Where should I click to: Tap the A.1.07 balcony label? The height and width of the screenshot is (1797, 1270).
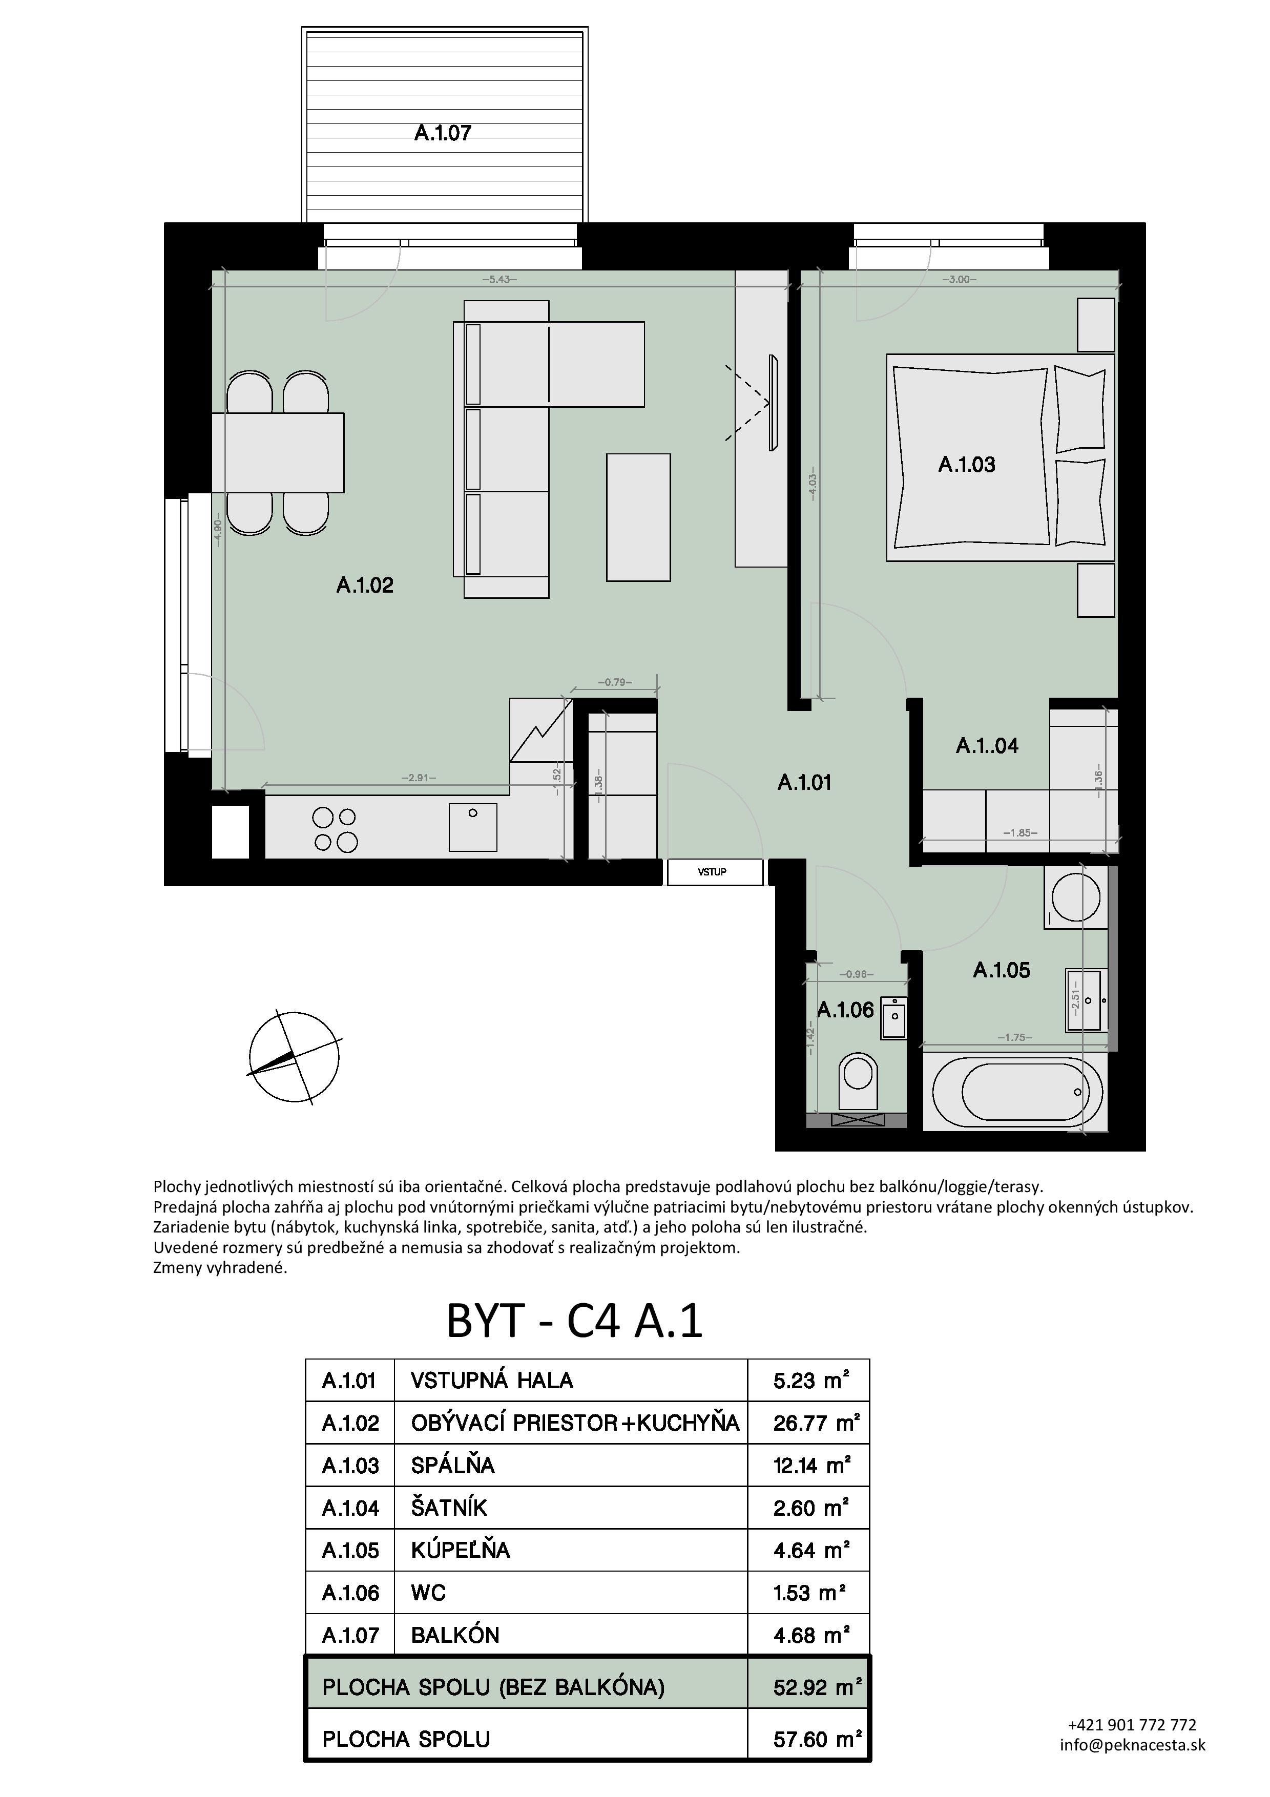point(443,133)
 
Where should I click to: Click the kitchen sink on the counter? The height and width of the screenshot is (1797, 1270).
point(473,826)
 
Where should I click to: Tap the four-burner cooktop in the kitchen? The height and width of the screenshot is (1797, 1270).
point(335,830)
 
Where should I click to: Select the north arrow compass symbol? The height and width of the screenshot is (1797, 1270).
point(294,1057)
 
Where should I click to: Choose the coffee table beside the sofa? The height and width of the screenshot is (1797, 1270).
point(638,517)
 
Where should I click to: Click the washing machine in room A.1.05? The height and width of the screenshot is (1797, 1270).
point(1076,897)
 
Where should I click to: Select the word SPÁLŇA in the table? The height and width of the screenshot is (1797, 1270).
point(453,1465)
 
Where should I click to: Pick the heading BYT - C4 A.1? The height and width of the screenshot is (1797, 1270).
point(574,1321)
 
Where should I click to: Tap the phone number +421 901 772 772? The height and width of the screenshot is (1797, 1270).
point(1132,1724)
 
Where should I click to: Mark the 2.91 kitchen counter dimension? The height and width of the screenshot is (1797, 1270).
point(419,778)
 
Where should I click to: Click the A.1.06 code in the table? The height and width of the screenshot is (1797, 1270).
point(350,1592)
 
